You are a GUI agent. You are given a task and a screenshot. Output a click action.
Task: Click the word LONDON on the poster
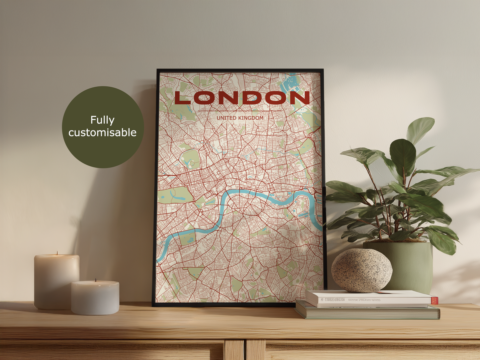pyautogui.click(x=242, y=98)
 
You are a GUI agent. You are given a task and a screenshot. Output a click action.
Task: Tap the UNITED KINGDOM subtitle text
pyautogui.click(x=240, y=118)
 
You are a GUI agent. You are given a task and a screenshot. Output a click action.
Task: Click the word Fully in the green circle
pyautogui.click(x=102, y=120)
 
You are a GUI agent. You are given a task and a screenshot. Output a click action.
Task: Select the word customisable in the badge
pyautogui.click(x=102, y=133)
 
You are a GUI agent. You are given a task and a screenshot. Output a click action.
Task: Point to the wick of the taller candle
pyautogui.click(x=57, y=253)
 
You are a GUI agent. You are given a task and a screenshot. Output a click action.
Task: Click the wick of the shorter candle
pyautogui.click(x=96, y=280)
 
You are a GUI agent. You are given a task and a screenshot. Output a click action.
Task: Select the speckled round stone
pyautogui.click(x=362, y=270)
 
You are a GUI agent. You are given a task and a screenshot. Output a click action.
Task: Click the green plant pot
pyautogui.click(x=412, y=266)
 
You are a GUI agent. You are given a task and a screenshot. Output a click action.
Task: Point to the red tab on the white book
pyautogui.click(x=434, y=300)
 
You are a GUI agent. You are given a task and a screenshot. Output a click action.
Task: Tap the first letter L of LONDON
pyautogui.click(x=182, y=98)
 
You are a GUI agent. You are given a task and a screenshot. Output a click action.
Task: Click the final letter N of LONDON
pyautogui.click(x=301, y=98)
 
